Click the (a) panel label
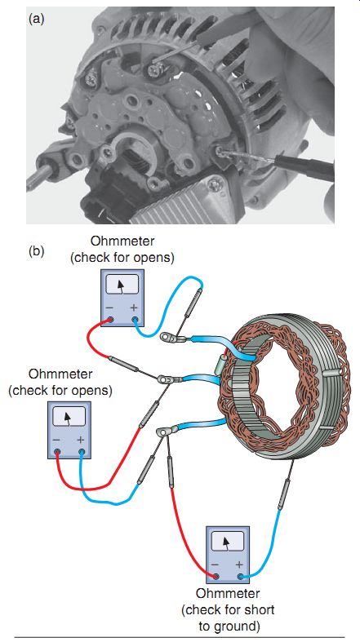pyautogui.click(x=36, y=19)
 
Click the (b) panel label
pyautogui.click(x=36, y=250)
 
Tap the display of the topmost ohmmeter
pyautogui.click(x=122, y=285)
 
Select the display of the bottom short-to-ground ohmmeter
pyautogui.click(x=227, y=542)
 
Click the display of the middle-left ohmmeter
pyautogui.click(x=69, y=417)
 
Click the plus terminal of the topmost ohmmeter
pyautogui.click(x=135, y=319)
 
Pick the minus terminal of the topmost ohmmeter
pyautogui.click(x=110, y=319)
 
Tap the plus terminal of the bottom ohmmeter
pyautogui.click(x=239, y=577)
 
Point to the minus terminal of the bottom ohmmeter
pyautogui.click(x=216, y=577)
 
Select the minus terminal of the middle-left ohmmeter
pyautogui.click(x=58, y=452)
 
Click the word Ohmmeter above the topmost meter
pyautogui.click(x=122, y=241)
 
